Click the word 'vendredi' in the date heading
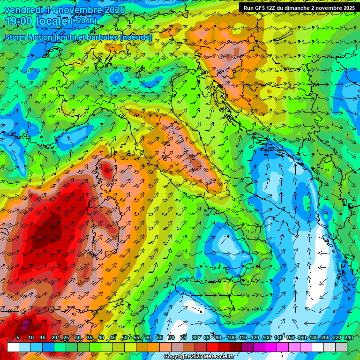tap(23, 9)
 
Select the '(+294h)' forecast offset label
tap(84, 21)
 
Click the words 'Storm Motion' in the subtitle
tap(28, 37)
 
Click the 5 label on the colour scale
tap(18, 338)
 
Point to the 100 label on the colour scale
tap(231, 338)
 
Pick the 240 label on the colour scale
tap(349, 338)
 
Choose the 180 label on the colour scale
tap(314, 338)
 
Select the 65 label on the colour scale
tap(160, 338)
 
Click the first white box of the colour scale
tap(13, 347)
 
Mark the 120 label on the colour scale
tap(255, 338)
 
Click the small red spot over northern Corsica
tap(107, 170)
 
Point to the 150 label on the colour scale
tap(290, 338)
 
